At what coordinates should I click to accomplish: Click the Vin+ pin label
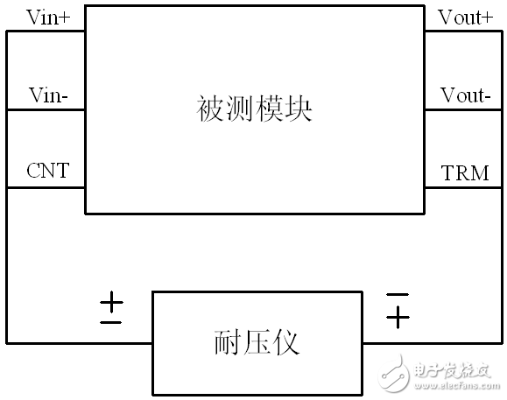[48, 18]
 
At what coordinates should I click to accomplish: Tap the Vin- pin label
[48, 95]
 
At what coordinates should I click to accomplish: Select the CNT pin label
[48, 171]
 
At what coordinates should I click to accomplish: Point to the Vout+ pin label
[465, 18]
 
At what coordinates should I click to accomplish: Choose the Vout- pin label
[466, 95]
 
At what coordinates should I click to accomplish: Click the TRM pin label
[465, 172]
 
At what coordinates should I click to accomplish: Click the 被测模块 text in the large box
[254, 109]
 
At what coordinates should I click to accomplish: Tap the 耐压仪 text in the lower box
[257, 342]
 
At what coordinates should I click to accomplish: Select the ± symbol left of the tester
[111, 307]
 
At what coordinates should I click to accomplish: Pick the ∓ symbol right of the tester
[398, 311]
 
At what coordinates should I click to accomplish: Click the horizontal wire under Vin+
[46, 32]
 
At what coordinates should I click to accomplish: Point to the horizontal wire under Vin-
[46, 110]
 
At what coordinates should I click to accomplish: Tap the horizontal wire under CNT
[46, 187]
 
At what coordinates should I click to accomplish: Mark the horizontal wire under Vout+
[463, 32]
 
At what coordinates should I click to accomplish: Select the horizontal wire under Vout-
[463, 110]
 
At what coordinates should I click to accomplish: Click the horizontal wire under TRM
[463, 187]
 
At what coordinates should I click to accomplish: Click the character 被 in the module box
[210, 109]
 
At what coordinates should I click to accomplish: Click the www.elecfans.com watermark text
[457, 385]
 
